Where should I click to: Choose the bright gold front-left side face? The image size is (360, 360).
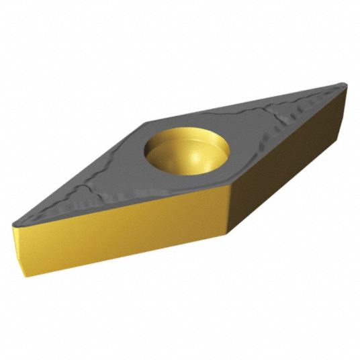pyautogui.click(x=128, y=232)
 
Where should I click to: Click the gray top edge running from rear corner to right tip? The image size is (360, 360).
pyautogui.click(x=249, y=103)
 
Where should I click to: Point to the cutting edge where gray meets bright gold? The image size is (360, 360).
pyautogui.click(x=128, y=207)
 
